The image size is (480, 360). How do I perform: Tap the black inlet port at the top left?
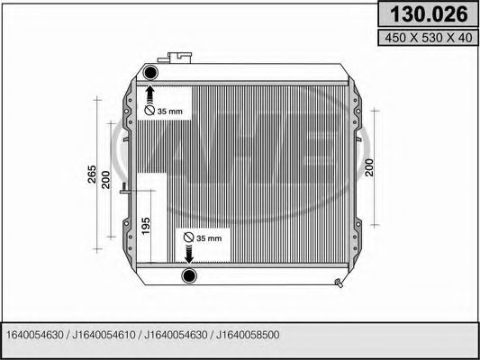point(150,72)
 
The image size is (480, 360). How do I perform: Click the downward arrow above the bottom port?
point(190,253)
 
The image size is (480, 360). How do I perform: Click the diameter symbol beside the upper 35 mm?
point(149,110)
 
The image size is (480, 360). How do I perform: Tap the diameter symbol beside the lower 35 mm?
point(188,237)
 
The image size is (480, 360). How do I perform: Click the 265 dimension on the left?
point(92,175)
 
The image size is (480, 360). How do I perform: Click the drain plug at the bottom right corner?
point(339,286)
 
